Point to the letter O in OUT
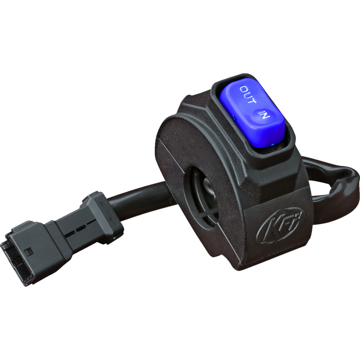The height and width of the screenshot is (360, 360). [243, 88]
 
